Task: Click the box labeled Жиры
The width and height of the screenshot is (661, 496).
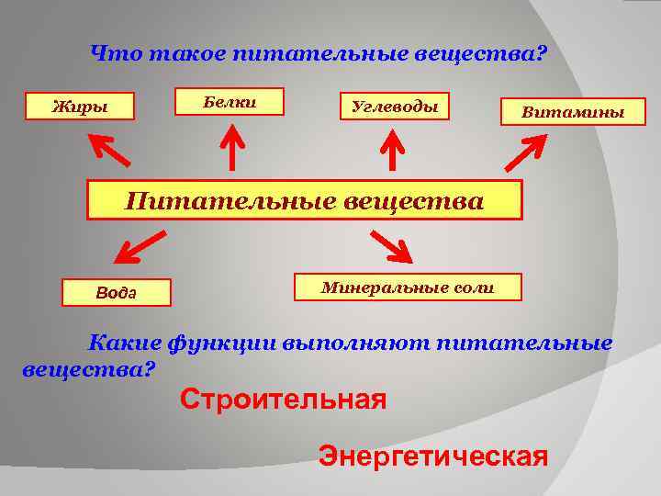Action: pyautogui.click(x=80, y=107)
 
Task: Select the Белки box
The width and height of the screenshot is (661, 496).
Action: pyautogui.click(x=230, y=101)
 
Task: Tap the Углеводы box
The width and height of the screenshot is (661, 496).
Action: pyautogui.click(x=396, y=107)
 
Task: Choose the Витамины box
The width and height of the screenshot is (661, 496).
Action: pyautogui.click(x=572, y=112)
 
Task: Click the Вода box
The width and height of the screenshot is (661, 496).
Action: pyautogui.click(x=116, y=292)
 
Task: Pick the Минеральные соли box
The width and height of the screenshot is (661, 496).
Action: pyautogui.click(x=408, y=287)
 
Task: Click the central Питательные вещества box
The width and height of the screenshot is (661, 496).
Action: pyautogui.click(x=304, y=199)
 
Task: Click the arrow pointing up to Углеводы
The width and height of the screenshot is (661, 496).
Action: pyautogui.click(x=393, y=149)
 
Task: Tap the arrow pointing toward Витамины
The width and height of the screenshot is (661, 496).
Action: pyautogui.click(x=526, y=152)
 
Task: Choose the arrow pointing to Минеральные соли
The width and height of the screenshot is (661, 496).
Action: pyautogui.click(x=391, y=246)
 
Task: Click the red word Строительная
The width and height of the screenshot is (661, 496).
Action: pyautogui.click(x=283, y=400)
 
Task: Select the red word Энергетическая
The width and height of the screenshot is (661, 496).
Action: pyautogui.click(x=432, y=456)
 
